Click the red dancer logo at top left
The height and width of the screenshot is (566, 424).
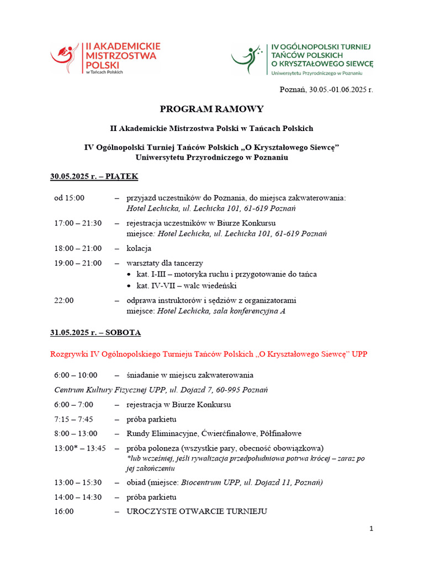click(x=66, y=57)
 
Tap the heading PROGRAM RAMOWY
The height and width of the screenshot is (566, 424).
click(x=212, y=109)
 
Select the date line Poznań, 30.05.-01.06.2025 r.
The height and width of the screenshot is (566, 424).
click(x=326, y=90)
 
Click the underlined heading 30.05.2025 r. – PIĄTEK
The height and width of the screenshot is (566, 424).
click(x=94, y=177)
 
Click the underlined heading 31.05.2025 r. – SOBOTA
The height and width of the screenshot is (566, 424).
click(x=96, y=333)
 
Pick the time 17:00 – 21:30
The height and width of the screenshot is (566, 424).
click(x=78, y=223)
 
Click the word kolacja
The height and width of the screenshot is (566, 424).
click(x=139, y=248)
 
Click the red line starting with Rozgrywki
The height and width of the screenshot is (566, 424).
click(x=209, y=354)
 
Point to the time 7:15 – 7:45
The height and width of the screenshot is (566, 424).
click(x=73, y=419)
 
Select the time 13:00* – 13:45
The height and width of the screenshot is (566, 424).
click(x=80, y=448)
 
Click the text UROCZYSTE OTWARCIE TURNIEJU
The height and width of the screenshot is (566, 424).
click(x=197, y=511)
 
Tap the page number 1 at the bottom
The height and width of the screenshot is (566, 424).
click(x=372, y=529)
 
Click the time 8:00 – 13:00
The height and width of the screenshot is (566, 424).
click(x=76, y=433)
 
